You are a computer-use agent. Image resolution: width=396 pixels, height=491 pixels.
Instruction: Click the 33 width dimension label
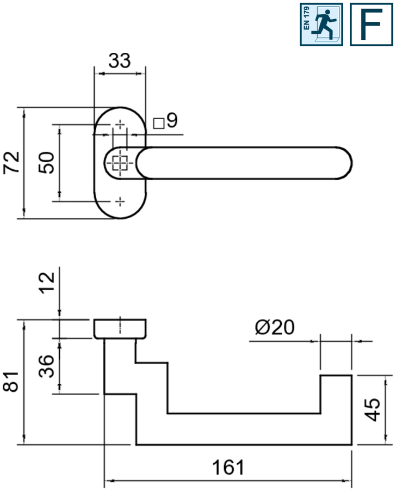tap(119, 60)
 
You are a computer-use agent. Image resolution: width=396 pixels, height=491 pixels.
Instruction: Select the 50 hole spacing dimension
tap(46, 163)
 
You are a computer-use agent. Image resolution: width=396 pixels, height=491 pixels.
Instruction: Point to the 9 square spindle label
tap(172, 120)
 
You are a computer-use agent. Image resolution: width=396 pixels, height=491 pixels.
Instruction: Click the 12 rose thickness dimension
tap(47, 283)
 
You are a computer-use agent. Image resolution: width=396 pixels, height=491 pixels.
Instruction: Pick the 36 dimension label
tap(46, 366)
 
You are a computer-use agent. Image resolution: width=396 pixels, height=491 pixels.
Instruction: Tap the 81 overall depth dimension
tap(11, 382)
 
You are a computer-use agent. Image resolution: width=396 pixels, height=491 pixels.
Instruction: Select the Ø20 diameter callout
tap(275, 327)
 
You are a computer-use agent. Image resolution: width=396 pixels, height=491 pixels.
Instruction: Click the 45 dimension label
tap(373, 409)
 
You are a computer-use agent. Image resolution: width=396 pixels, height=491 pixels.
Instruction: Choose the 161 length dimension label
tap(228, 468)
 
